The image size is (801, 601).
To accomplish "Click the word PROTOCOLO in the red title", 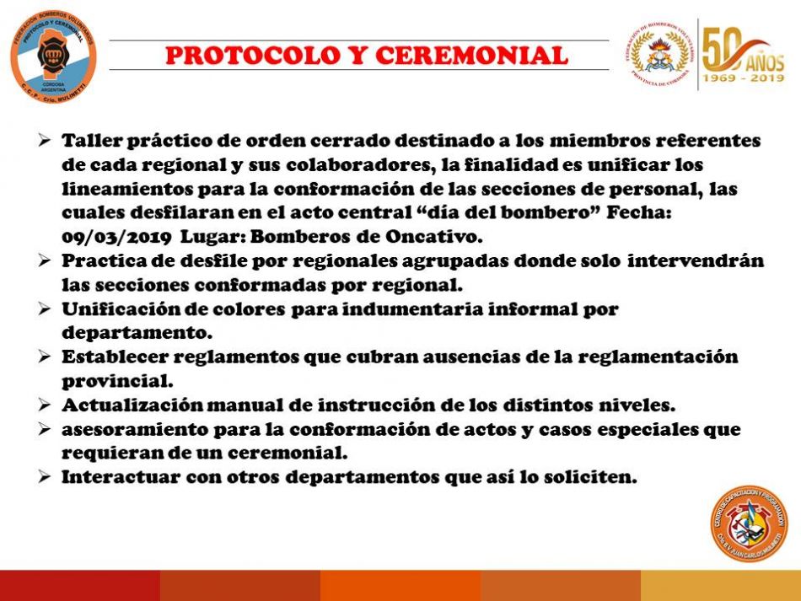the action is (253, 56).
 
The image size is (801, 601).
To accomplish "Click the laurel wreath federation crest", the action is (659, 55).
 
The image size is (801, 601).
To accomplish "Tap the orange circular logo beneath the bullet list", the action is (750, 523).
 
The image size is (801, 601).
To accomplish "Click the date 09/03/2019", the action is (116, 237).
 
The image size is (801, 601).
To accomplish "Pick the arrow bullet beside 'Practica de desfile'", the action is (45, 260).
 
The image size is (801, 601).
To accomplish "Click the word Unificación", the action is (129, 309).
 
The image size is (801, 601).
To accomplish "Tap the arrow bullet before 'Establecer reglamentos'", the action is (45, 357).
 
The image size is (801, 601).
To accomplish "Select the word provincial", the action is (117, 381).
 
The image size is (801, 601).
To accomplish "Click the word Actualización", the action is (133, 405).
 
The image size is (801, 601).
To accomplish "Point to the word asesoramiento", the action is (134, 429).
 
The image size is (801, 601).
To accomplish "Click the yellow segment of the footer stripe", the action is (721, 586).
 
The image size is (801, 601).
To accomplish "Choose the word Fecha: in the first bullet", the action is (638, 212).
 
